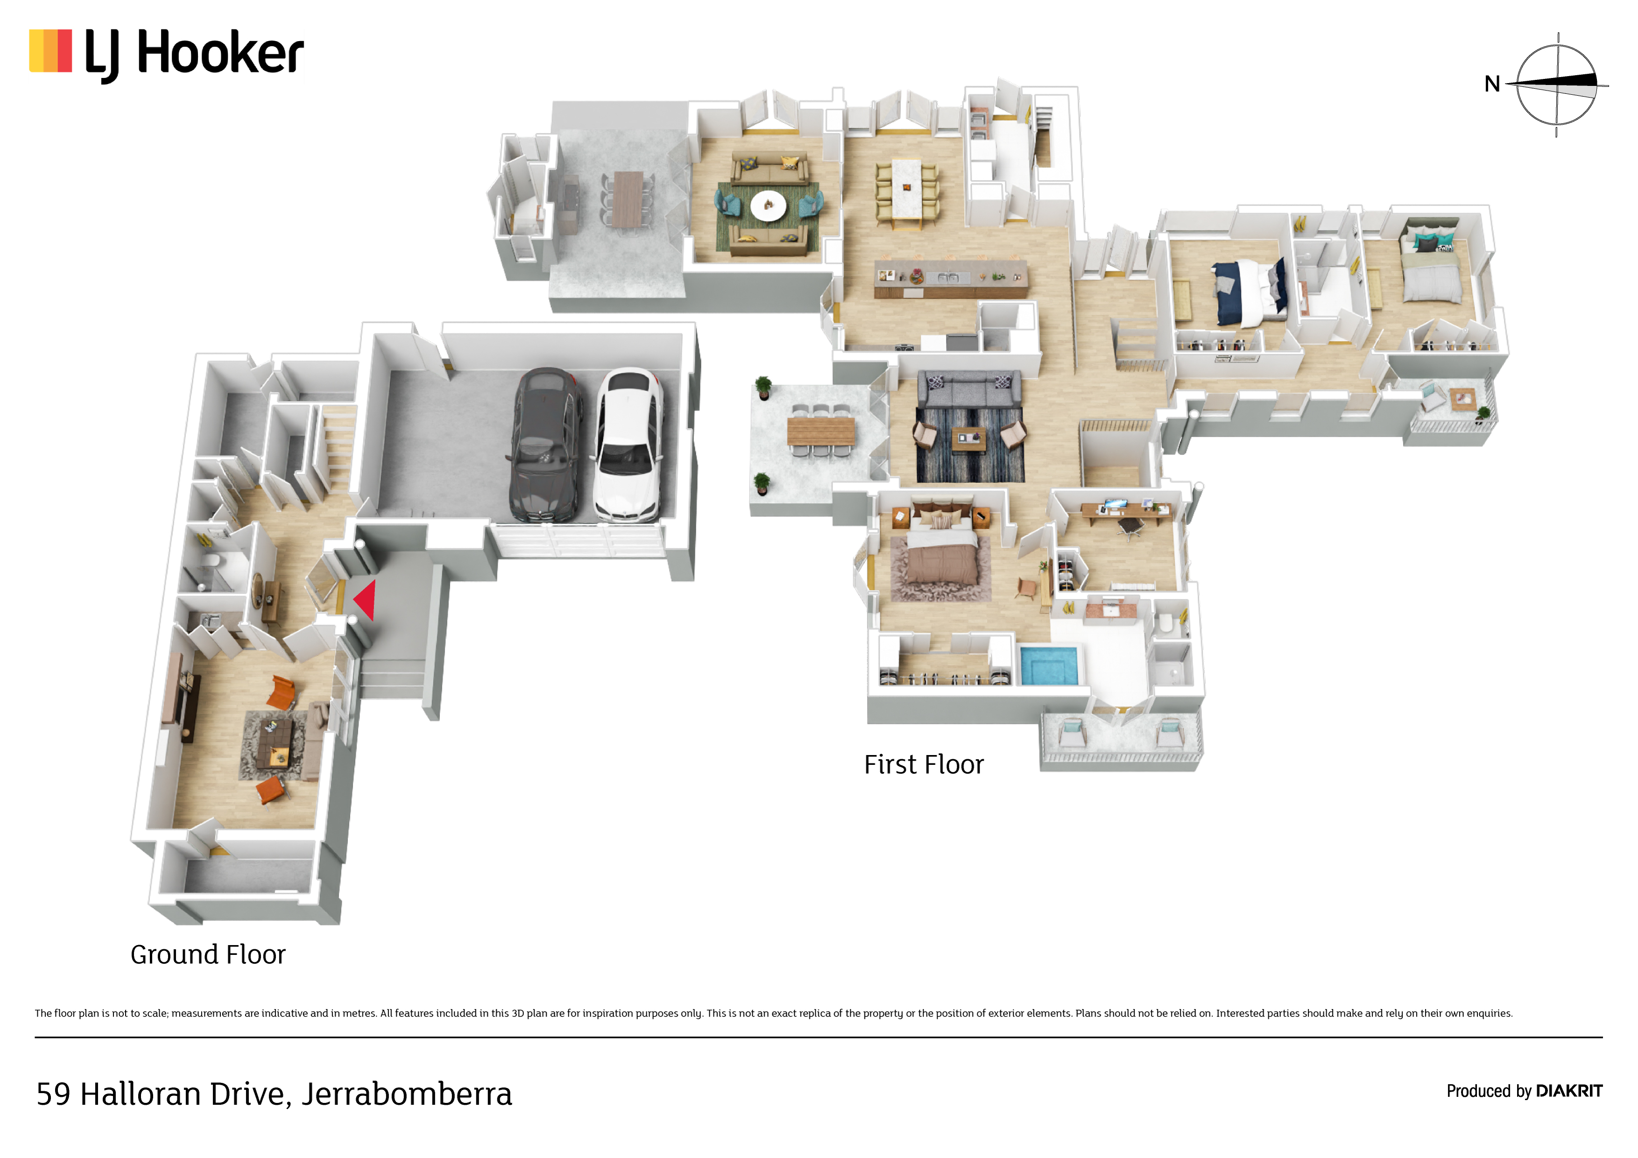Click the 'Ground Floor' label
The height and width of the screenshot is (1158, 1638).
[x=208, y=955]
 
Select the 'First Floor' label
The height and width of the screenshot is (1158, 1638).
[x=924, y=765]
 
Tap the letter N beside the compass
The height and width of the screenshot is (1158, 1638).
[x=1492, y=84]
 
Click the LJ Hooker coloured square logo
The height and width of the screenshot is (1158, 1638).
[x=50, y=50]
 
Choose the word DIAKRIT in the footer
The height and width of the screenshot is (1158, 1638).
[x=1569, y=1091]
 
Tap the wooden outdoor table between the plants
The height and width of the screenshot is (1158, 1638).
[x=820, y=431]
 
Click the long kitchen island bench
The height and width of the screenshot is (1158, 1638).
[x=951, y=279]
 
